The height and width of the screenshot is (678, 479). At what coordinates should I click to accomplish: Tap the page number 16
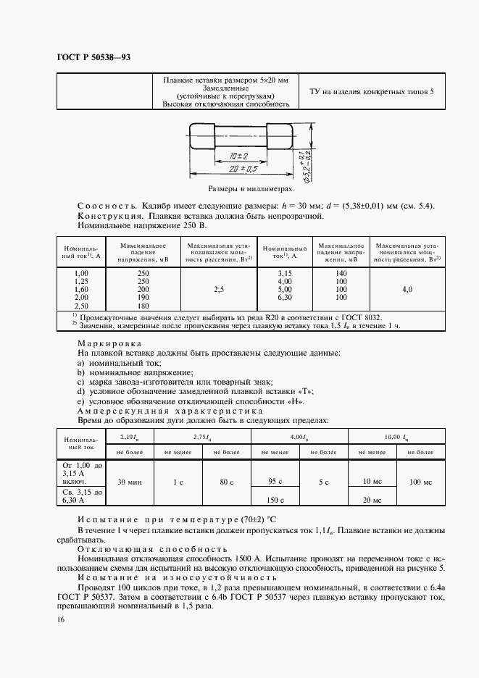pyautogui.click(x=59, y=619)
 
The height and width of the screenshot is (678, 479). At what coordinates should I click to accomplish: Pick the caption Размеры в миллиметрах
pyautogui.click(x=246, y=188)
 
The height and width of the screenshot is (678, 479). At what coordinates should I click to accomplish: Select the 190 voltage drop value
pyautogui.click(x=143, y=296)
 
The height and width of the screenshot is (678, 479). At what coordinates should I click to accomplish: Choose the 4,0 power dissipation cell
pyautogui.click(x=407, y=288)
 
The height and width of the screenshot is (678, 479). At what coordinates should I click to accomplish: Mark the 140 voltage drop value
pyautogui.click(x=342, y=272)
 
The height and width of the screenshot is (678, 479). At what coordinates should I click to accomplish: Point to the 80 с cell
pyautogui.click(x=225, y=481)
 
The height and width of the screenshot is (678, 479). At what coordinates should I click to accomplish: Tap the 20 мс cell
pyautogui.click(x=372, y=500)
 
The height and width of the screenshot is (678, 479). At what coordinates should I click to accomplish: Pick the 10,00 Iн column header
pyautogui.click(x=396, y=436)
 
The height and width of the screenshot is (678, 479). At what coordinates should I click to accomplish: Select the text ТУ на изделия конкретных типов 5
pyautogui.click(x=372, y=92)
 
